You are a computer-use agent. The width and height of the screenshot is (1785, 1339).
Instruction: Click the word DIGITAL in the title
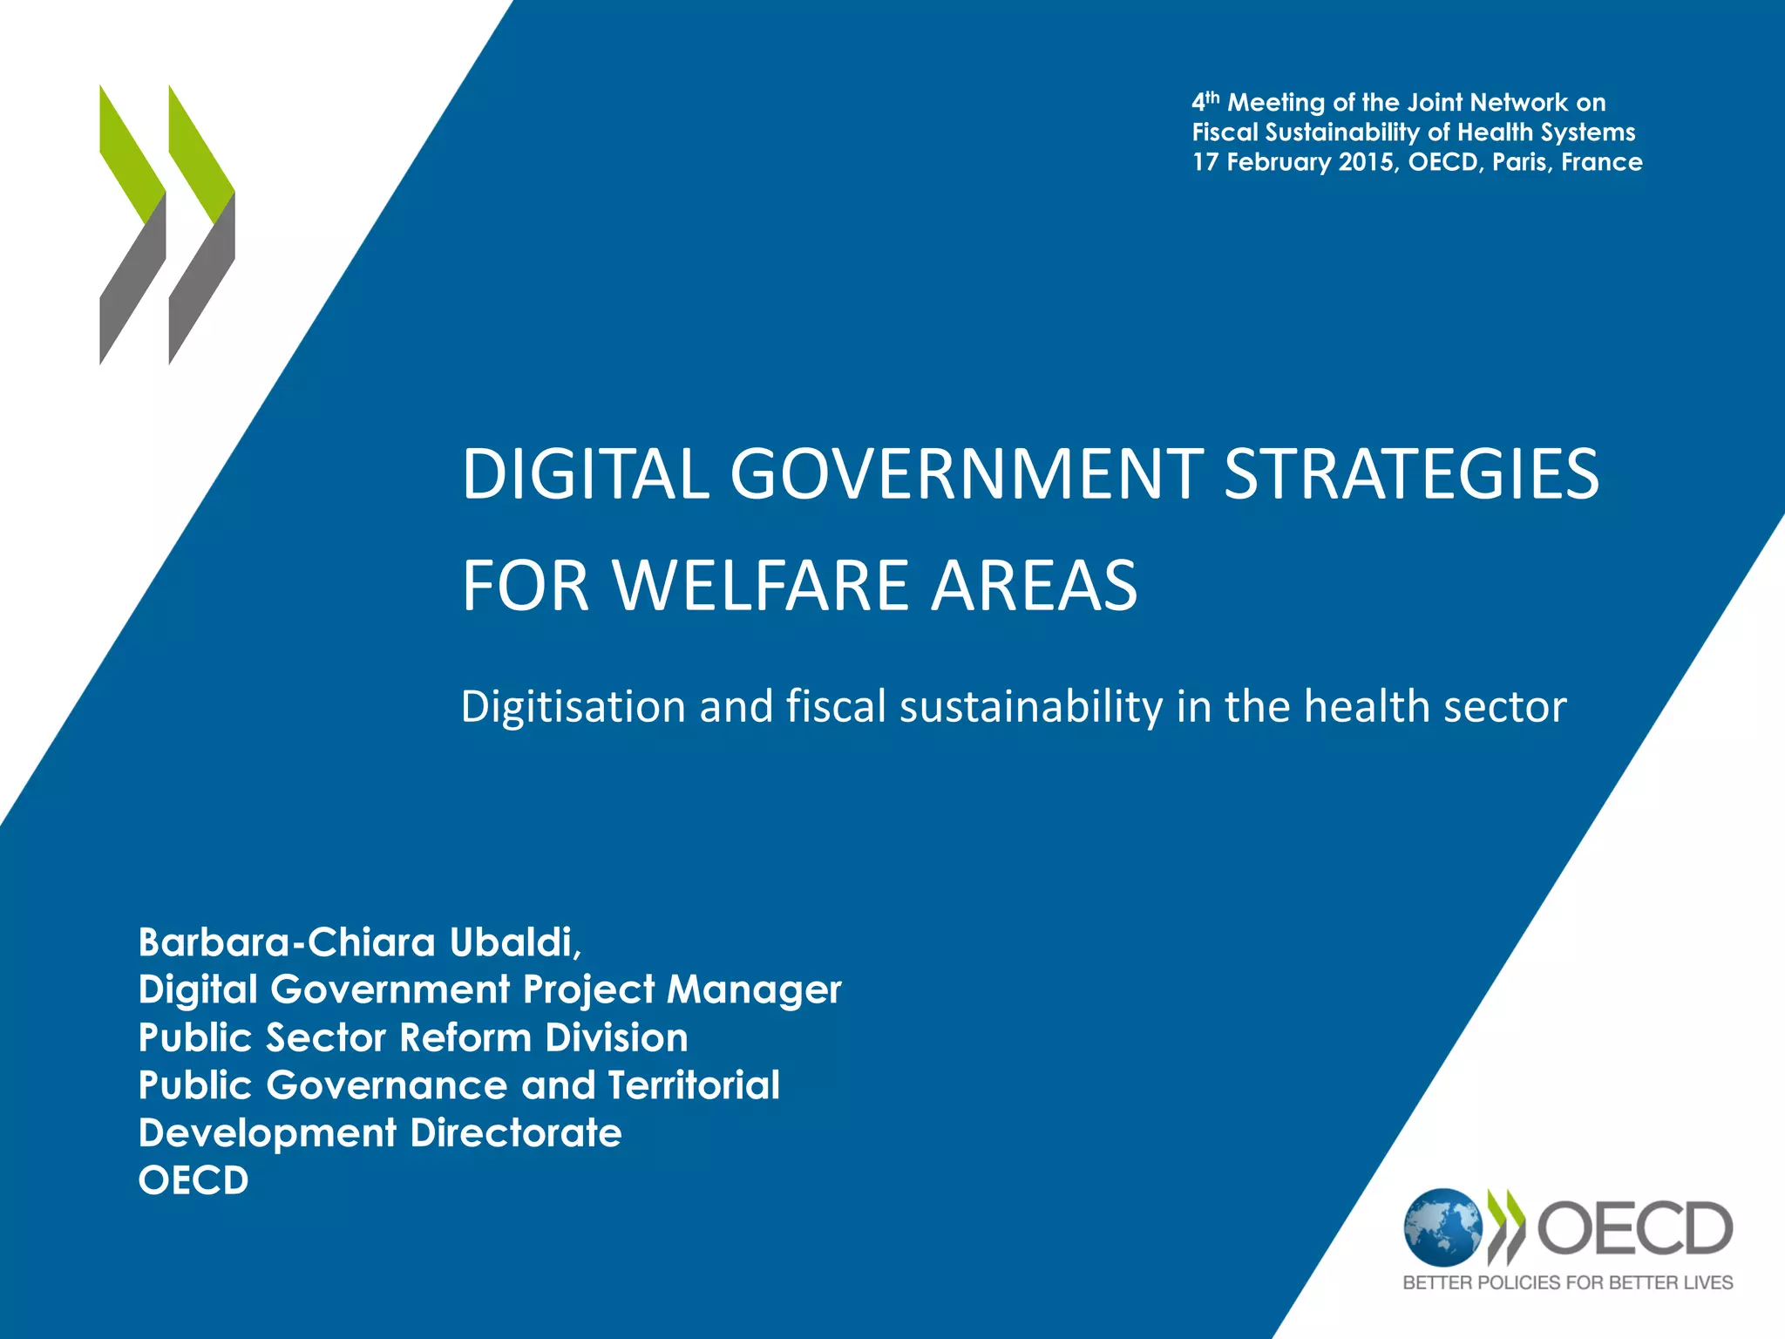[585, 474]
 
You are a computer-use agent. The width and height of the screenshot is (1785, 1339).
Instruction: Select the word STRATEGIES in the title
[1411, 474]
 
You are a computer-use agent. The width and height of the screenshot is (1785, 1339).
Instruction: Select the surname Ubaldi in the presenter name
[515, 941]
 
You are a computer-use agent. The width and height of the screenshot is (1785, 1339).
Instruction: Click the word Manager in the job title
[754, 989]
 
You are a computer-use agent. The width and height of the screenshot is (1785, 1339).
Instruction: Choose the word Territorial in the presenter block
[694, 1085]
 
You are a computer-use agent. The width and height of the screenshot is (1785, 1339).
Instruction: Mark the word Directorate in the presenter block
[516, 1133]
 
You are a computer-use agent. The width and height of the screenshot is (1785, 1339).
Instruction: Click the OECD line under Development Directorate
[193, 1180]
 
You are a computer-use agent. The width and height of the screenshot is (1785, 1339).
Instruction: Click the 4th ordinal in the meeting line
[1205, 103]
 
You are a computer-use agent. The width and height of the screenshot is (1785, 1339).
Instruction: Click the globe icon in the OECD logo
[1442, 1227]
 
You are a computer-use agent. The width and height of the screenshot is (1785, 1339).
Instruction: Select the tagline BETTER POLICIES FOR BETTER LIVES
[1567, 1282]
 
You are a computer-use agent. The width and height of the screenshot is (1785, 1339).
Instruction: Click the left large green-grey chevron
[132, 225]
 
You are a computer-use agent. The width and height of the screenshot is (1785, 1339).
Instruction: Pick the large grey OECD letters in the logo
[1634, 1227]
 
